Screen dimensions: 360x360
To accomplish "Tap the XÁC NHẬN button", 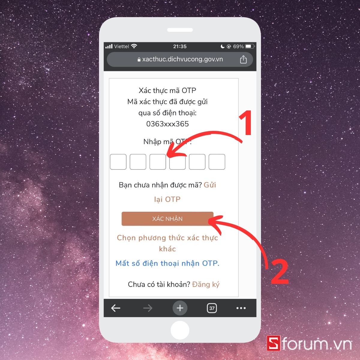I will point(167,219).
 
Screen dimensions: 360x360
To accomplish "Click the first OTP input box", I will point(118,162).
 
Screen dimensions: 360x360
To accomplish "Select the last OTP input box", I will point(217,162).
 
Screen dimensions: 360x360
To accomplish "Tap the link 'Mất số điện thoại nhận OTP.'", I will point(167,263).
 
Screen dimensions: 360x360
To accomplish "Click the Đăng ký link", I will point(206,284).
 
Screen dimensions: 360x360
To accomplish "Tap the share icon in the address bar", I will point(243,59).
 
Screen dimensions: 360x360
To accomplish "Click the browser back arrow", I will point(116,308).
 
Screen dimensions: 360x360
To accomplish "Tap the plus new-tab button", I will point(180,308).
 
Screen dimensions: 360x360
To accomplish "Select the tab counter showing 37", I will point(212,308).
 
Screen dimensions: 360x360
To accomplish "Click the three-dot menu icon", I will point(241,308).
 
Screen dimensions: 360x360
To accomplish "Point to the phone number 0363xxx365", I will point(167,124).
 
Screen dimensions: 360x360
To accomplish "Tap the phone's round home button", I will point(180,330).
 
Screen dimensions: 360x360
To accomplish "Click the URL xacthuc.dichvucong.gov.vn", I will point(182,59).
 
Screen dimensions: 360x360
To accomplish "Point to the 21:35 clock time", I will point(180,46).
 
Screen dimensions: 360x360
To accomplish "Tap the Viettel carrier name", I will point(121,46).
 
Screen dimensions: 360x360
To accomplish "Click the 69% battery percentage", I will point(238,46).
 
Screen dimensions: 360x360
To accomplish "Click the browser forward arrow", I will point(148,308).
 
